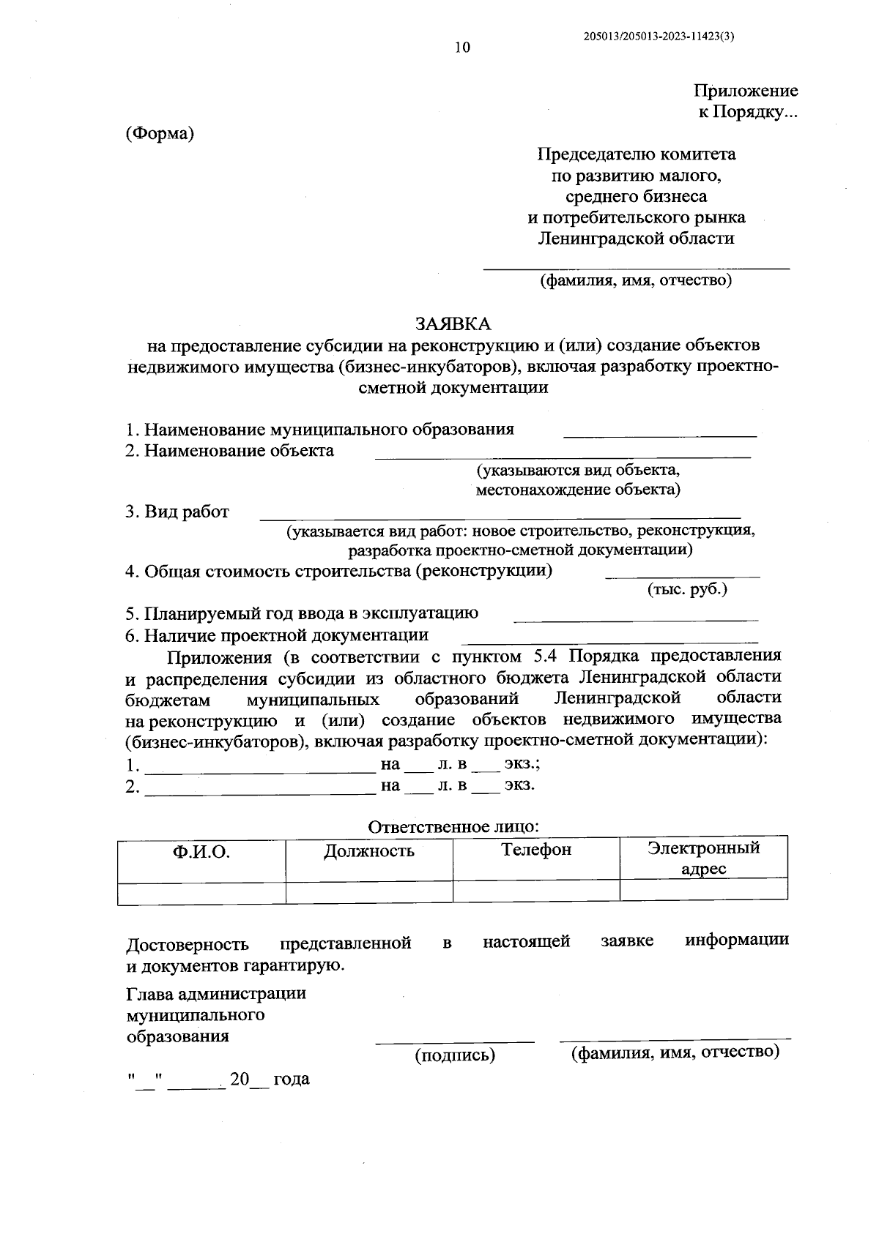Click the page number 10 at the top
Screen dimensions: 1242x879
coord(462,48)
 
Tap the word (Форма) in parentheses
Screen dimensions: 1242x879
coord(160,134)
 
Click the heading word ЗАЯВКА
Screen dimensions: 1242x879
coord(453,323)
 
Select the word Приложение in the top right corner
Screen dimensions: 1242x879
coord(746,91)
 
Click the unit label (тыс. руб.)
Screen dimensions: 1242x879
coord(687,589)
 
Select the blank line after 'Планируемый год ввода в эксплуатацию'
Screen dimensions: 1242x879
coord(636,619)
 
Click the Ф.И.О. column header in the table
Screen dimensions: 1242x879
coord(201,852)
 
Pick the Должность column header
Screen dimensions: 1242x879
coord(369,850)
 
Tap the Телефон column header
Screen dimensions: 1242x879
coord(536,849)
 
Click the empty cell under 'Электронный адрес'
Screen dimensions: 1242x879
coord(703,890)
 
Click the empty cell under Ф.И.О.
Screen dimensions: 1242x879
coord(201,892)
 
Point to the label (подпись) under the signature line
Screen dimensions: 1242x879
coord(455,1055)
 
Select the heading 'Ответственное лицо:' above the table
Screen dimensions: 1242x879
coord(453,826)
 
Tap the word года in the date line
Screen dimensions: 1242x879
coord(292,1079)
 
